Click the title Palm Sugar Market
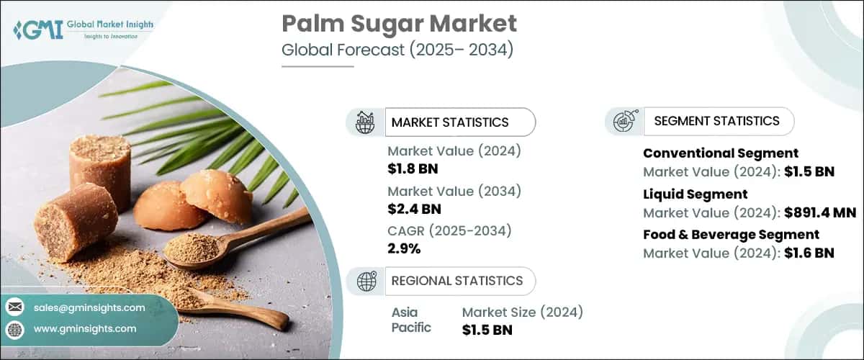(398, 24)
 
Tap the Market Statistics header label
(449, 122)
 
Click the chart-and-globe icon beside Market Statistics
(365, 122)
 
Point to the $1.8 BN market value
(413, 170)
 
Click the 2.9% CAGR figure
(404, 249)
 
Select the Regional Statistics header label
(456, 280)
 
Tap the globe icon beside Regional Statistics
(365, 280)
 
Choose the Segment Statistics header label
(716, 121)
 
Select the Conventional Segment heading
(720, 153)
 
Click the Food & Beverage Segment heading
(731, 235)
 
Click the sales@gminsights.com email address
(89, 307)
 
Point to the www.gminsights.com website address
(85, 329)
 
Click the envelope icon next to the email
(14, 307)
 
